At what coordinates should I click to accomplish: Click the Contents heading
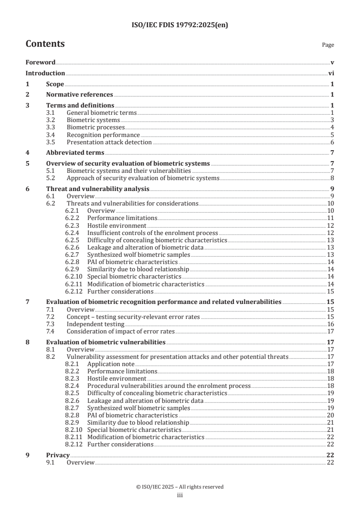[45, 44]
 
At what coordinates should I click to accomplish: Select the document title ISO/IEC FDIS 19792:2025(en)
[180, 25]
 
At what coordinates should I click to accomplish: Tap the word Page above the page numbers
[328, 45]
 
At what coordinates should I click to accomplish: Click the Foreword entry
[40, 62]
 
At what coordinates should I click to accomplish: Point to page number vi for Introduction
[331, 73]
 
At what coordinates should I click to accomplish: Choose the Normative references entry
[79, 94]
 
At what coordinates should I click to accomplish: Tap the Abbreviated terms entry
[75, 152]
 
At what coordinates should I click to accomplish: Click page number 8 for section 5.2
[332, 178]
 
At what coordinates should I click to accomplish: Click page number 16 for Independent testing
[330, 324]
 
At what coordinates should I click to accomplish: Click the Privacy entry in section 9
[58, 455]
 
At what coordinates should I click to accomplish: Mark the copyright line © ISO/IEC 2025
[180, 487]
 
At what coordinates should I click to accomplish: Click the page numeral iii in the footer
[180, 495]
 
